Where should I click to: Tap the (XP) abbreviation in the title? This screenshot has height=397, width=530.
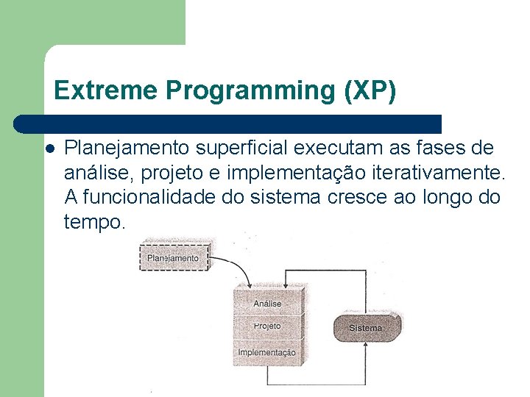click(x=370, y=90)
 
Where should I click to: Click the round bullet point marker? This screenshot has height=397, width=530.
click(x=50, y=149)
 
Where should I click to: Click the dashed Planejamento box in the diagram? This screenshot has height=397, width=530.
click(x=173, y=258)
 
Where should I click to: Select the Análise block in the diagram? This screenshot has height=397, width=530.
click(x=267, y=302)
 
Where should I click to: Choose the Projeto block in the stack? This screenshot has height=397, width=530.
click(x=267, y=326)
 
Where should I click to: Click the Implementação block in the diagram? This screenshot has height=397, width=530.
click(x=267, y=351)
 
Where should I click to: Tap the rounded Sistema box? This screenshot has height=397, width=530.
click(x=366, y=327)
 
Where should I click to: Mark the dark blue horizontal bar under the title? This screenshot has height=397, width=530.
click(x=228, y=124)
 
